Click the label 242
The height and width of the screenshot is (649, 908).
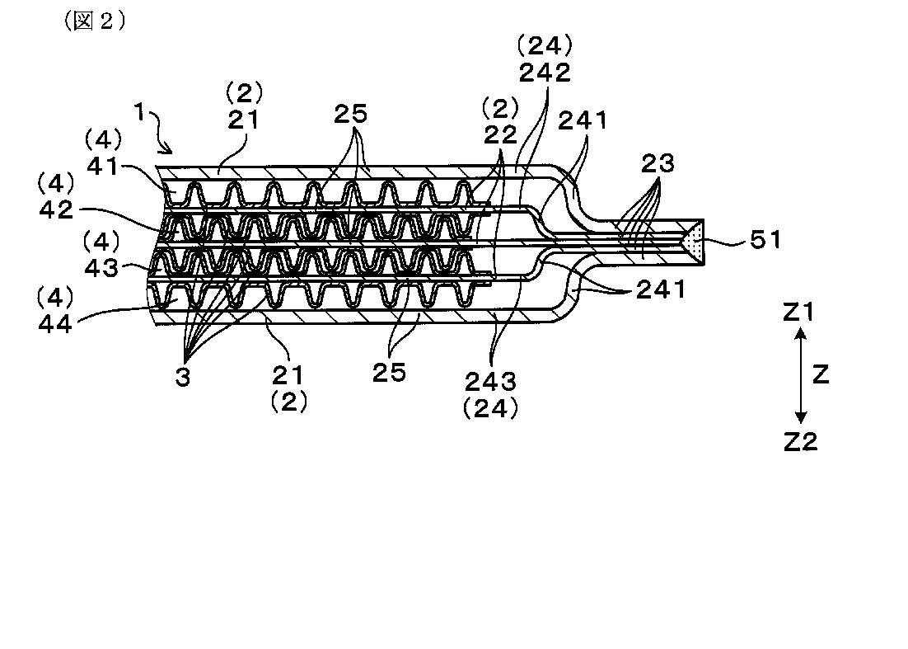point(545,73)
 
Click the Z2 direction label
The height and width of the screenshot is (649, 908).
point(799,441)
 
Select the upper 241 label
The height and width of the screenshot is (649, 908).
point(583,121)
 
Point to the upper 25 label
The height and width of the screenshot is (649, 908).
point(350,113)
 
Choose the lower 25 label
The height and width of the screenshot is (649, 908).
point(388,372)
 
